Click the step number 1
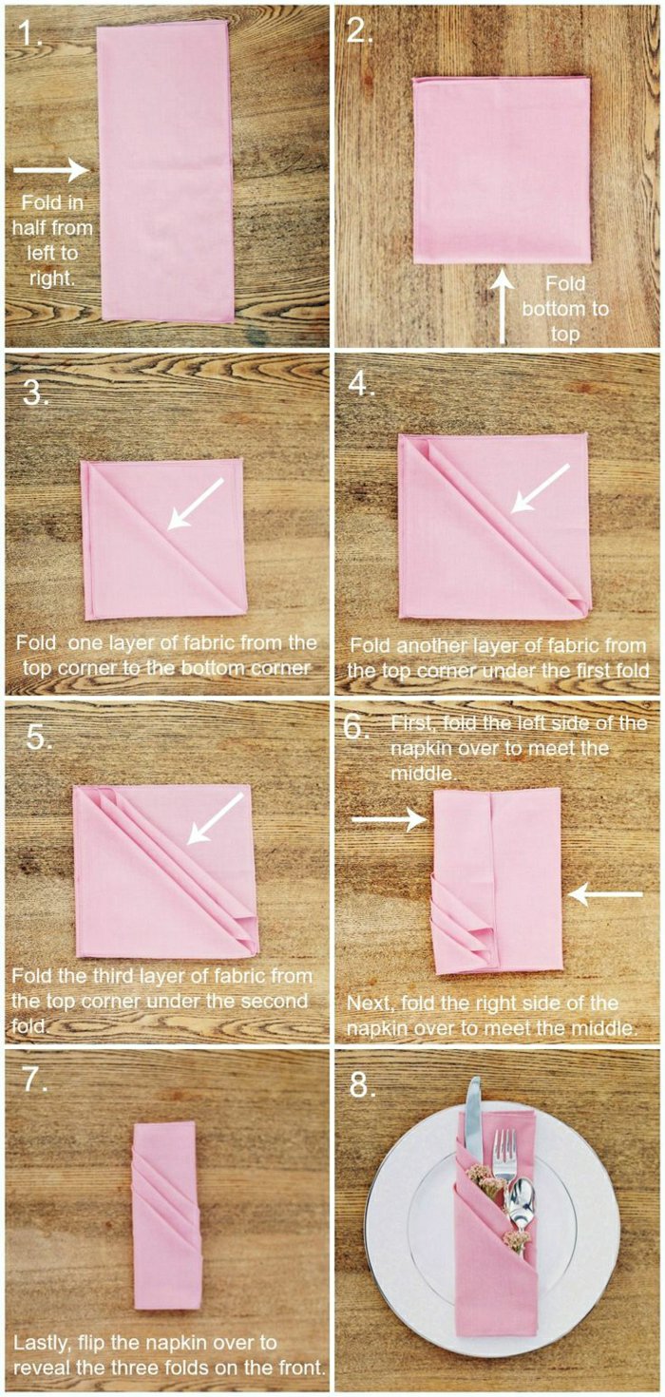[29, 34]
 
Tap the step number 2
[360, 30]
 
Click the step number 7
[35, 1079]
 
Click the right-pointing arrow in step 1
[51, 169]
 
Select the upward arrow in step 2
[503, 306]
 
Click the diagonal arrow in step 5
[215, 819]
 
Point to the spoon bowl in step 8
[521, 1196]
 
